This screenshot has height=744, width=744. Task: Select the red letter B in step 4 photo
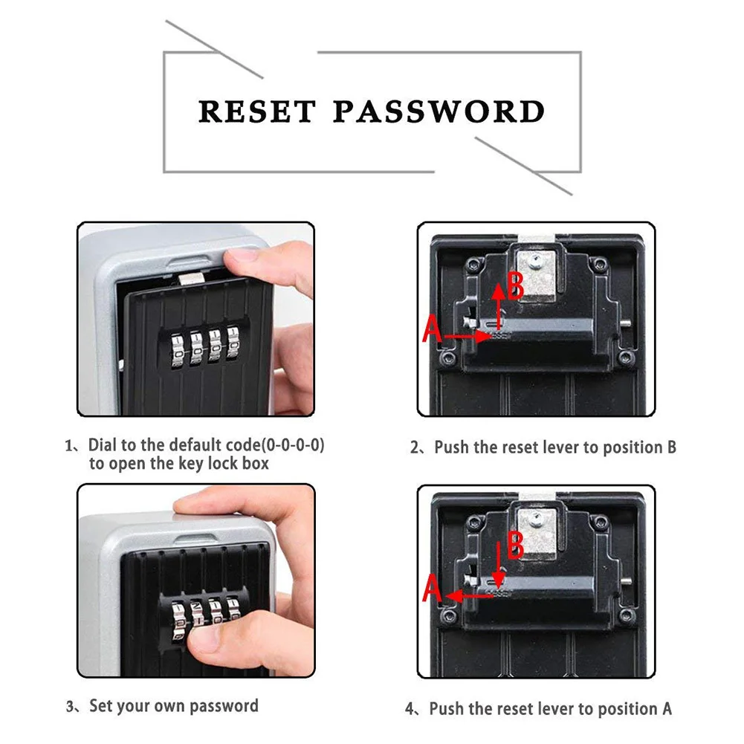pos(516,545)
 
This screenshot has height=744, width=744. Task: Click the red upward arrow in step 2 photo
pos(498,305)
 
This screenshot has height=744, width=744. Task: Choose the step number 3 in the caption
pos(71,707)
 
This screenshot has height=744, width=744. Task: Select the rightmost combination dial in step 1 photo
pos(238,346)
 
